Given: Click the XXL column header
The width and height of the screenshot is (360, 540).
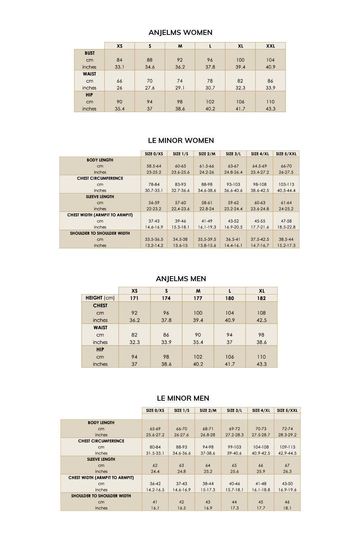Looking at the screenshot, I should point(270,46).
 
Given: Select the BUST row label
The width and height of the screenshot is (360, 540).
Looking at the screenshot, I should point(90,53).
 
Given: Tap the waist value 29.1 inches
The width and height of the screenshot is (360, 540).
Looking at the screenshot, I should point(180,88).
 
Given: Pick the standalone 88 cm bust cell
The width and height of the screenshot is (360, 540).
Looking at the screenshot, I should point(150,60).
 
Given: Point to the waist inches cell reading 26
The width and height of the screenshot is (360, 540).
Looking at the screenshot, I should point(120,88).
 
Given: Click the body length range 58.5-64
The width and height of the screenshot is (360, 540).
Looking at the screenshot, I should point(154,166).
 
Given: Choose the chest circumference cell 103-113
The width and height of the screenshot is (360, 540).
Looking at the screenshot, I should point(287,185).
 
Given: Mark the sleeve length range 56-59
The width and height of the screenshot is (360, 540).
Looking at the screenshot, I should point(154,203).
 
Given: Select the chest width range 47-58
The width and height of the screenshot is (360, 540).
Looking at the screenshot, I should point(287,221).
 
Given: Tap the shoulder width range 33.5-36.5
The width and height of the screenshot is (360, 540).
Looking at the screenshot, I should point(154,239).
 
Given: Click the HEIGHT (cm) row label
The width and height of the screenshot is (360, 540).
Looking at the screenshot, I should point(100,298).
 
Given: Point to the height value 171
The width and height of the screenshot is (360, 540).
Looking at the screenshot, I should point(134,298).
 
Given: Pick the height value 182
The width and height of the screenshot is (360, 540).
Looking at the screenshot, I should point(261,298).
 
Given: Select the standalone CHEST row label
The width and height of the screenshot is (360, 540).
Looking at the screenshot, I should point(100,306).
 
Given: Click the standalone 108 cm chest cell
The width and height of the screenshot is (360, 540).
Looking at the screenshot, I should point(261,313).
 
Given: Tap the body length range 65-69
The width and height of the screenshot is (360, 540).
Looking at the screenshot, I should point(155,429).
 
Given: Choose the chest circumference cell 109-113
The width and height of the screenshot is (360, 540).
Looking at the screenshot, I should point(287,447).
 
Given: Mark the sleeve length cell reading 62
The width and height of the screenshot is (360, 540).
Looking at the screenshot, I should point(155,465).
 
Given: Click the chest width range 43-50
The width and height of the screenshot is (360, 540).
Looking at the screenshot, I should point(287,484).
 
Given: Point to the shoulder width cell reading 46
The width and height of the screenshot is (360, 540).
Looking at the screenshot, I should point(287,502).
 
